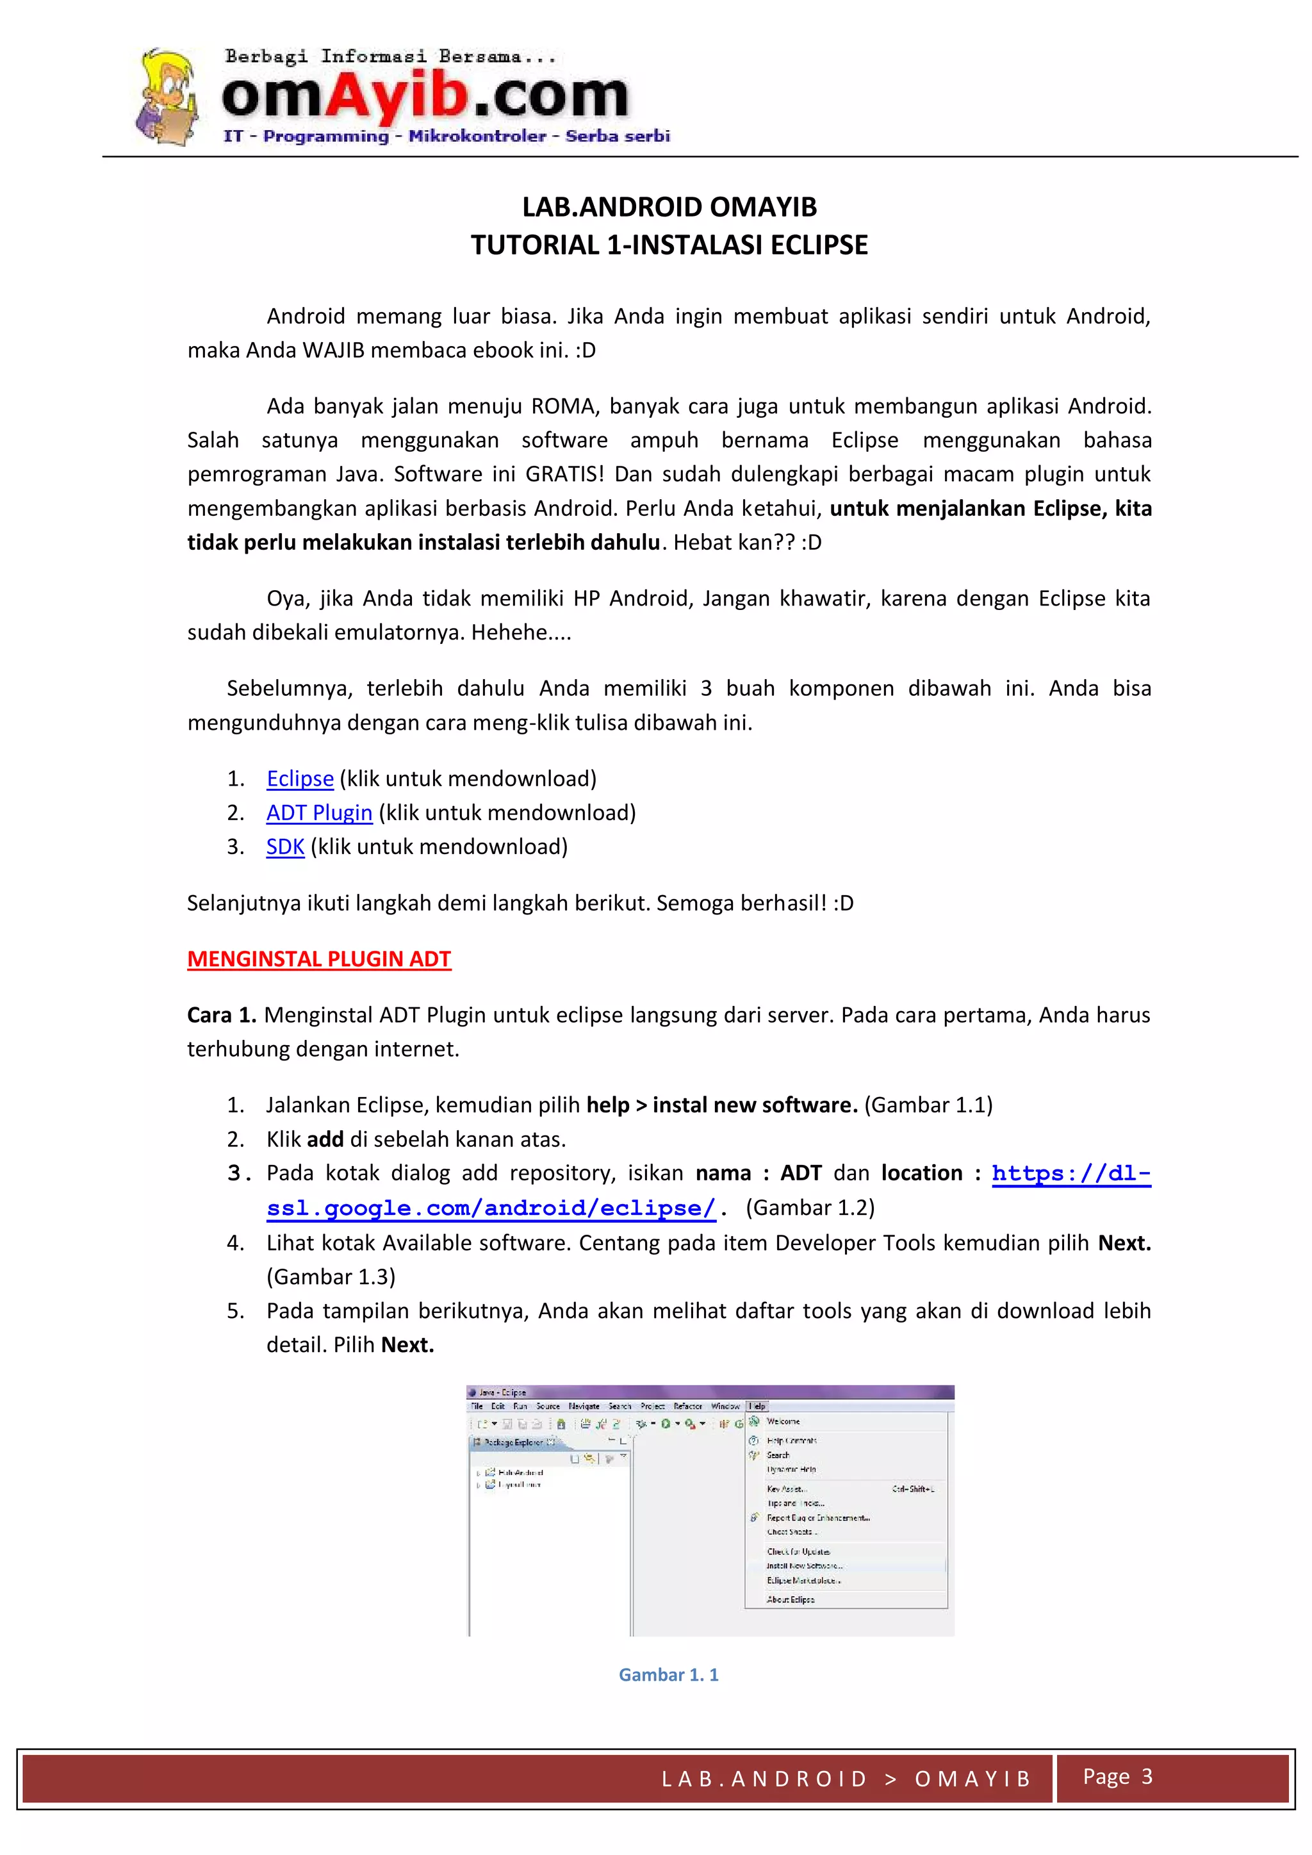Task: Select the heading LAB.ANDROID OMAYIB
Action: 669,208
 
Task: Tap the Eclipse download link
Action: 300,779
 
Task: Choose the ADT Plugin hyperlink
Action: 319,812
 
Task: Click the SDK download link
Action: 285,846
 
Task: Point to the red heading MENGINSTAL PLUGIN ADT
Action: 319,959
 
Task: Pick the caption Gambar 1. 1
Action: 668,1675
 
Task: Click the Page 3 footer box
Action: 1117,1777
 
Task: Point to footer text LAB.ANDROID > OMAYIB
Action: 846,1779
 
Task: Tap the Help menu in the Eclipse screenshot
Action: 757,1406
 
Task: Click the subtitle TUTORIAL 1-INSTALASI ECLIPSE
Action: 669,245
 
